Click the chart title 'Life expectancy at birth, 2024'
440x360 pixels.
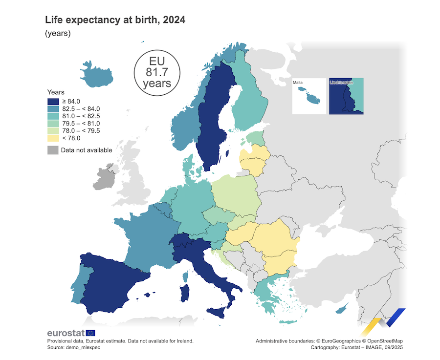[x=115, y=20]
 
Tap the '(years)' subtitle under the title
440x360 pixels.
[x=58, y=34]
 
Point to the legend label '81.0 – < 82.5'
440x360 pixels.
[x=81, y=116]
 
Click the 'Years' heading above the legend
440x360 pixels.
[x=56, y=92]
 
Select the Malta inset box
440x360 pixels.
[x=309, y=96]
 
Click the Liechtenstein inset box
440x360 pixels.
[x=346, y=96]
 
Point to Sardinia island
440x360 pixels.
[x=185, y=294]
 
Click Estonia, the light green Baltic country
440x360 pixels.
[x=254, y=138]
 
